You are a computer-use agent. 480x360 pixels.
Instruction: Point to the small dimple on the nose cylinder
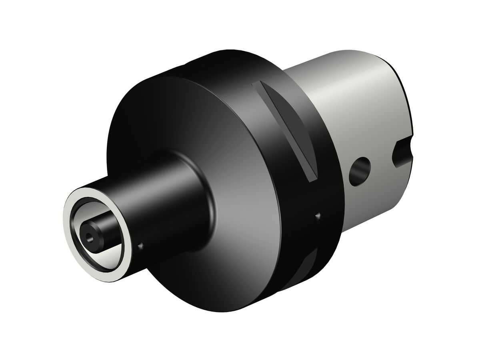(x=140, y=246)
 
